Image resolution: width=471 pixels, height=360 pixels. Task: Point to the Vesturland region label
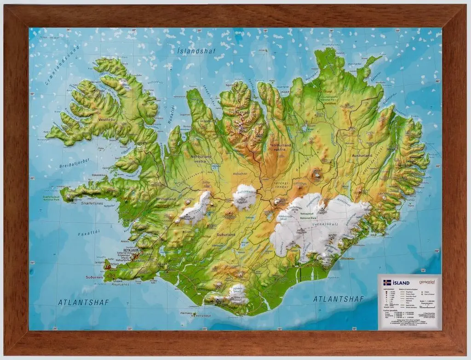pos(166,199)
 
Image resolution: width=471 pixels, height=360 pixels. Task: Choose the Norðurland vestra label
pos(201,159)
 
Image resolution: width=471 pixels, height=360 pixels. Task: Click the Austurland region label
pos(362,155)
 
